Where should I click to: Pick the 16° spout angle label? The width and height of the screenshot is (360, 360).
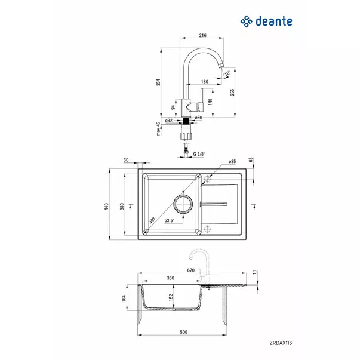(x=227, y=74)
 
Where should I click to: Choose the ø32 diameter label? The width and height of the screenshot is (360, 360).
(x=169, y=121)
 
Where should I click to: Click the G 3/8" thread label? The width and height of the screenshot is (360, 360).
(x=199, y=154)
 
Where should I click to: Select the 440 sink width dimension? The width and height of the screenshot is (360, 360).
(x=106, y=207)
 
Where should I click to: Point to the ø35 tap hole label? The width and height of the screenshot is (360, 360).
(x=232, y=162)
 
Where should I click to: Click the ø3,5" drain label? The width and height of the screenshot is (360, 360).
(x=170, y=220)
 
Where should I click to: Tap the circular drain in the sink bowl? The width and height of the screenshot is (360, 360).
(x=184, y=203)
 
